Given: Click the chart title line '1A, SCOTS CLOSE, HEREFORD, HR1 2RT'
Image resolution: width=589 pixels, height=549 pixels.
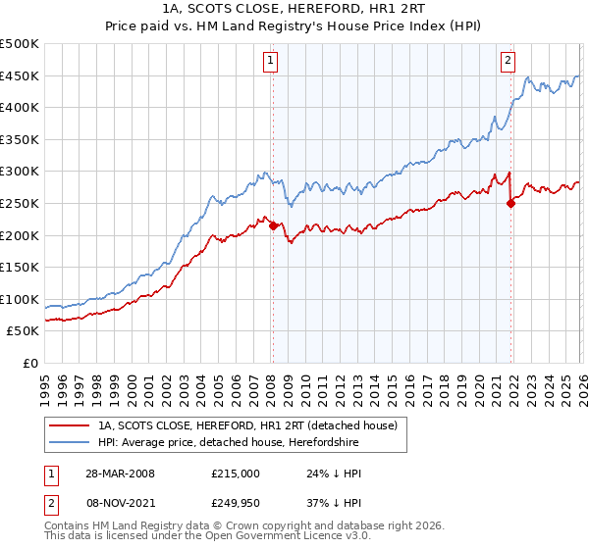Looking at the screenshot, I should coord(294,9).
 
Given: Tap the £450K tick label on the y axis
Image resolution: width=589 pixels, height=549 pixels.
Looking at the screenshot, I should coord(20,75).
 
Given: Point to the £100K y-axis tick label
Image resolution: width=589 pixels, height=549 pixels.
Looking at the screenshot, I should coord(20,299).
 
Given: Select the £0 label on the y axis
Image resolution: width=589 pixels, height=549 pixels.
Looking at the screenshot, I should coord(29,363).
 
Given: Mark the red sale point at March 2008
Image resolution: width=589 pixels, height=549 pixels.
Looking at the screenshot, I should coord(273,225).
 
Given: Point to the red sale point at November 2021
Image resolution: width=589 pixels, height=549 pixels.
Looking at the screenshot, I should coord(510,203).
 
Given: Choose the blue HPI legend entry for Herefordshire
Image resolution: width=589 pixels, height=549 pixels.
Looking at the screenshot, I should coord(228,443).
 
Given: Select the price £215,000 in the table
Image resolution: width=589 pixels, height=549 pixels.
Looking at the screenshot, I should coord(235,473).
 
